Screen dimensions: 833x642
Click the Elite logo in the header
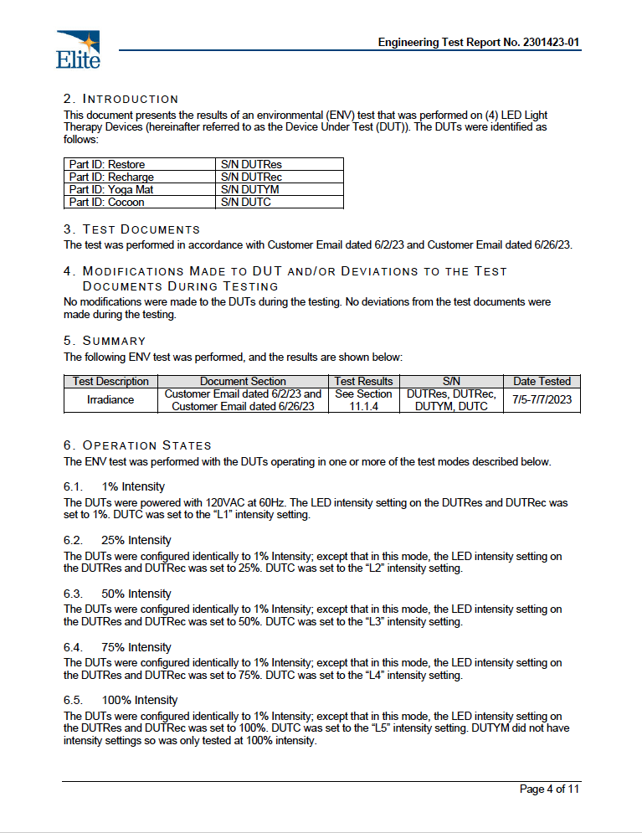click(x=78, y=49)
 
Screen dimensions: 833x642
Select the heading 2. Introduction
click(x=121, y=99)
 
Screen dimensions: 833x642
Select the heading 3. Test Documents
click(x=132, y=229)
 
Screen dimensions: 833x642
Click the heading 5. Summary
click(x=105, y=341)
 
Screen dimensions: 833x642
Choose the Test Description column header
click(x=110, y=381)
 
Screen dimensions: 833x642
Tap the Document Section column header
click(x=243, y=381)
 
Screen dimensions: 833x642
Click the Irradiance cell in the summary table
click(x=110, y=400)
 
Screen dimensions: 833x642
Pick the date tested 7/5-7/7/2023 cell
click(x=542, y=400)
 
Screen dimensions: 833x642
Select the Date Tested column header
click(x=542, y=381)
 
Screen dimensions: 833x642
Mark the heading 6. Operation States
click(x=137, y=445)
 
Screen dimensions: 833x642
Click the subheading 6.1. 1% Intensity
click(x=114, y=486)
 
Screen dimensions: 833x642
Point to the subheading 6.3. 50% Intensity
click(x=117, y=594)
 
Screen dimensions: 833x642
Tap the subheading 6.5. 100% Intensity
click(x=121, y=700)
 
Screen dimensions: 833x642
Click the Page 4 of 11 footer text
click(x=549, y=789)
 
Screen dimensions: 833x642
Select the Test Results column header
click(x=363, y=381)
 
